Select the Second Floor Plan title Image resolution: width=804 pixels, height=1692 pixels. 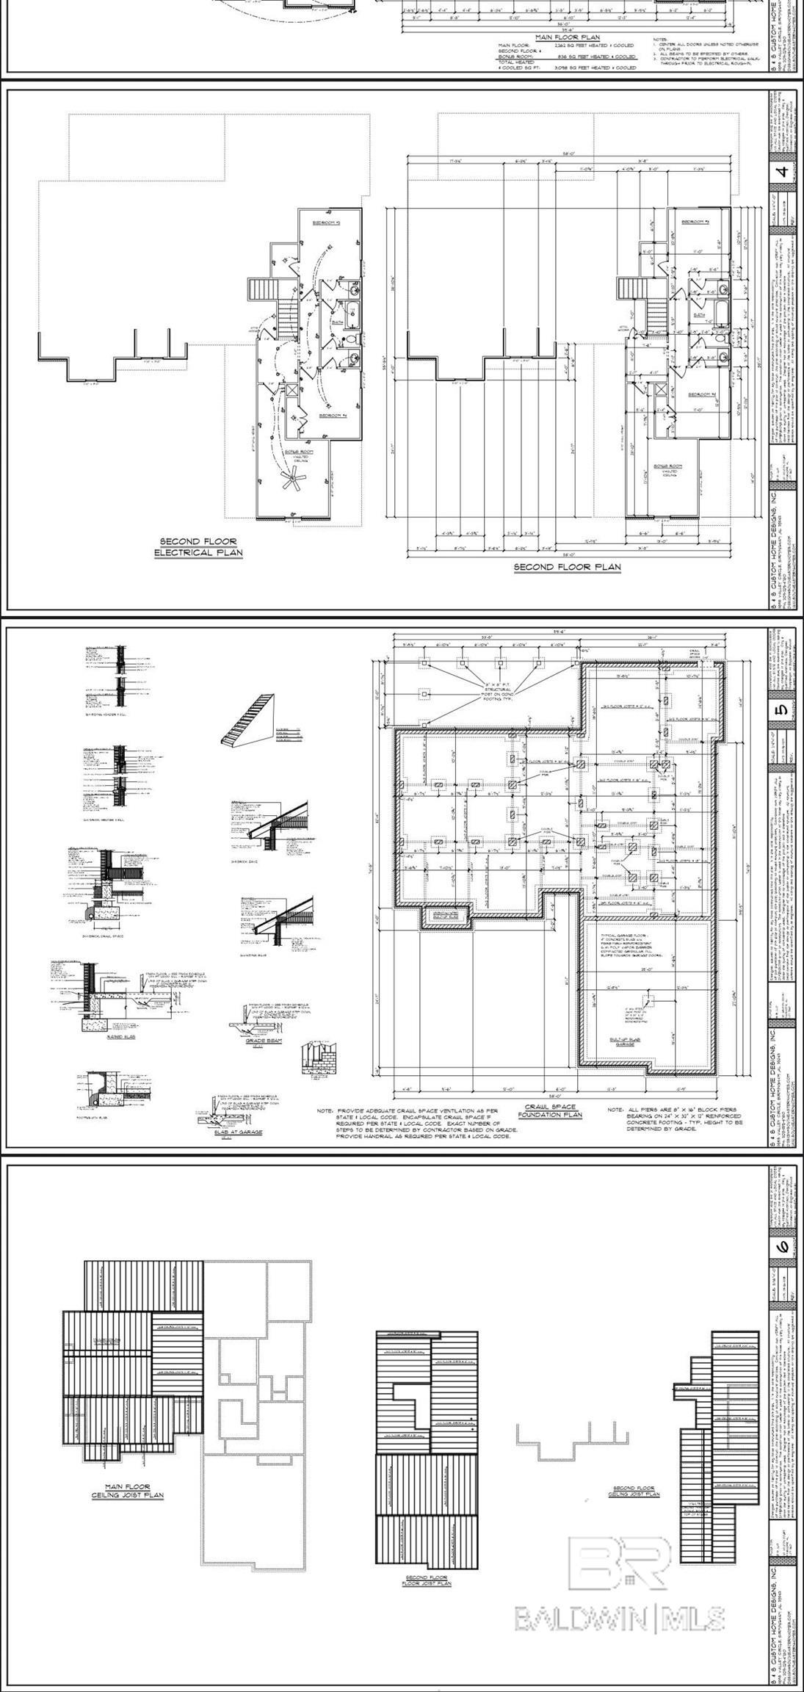point(566,567)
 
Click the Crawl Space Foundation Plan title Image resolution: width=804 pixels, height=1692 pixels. point(550,1131)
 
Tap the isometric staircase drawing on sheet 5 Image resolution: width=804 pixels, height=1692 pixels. point(247,720)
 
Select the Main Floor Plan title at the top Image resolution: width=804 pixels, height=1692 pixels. point(567,37)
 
